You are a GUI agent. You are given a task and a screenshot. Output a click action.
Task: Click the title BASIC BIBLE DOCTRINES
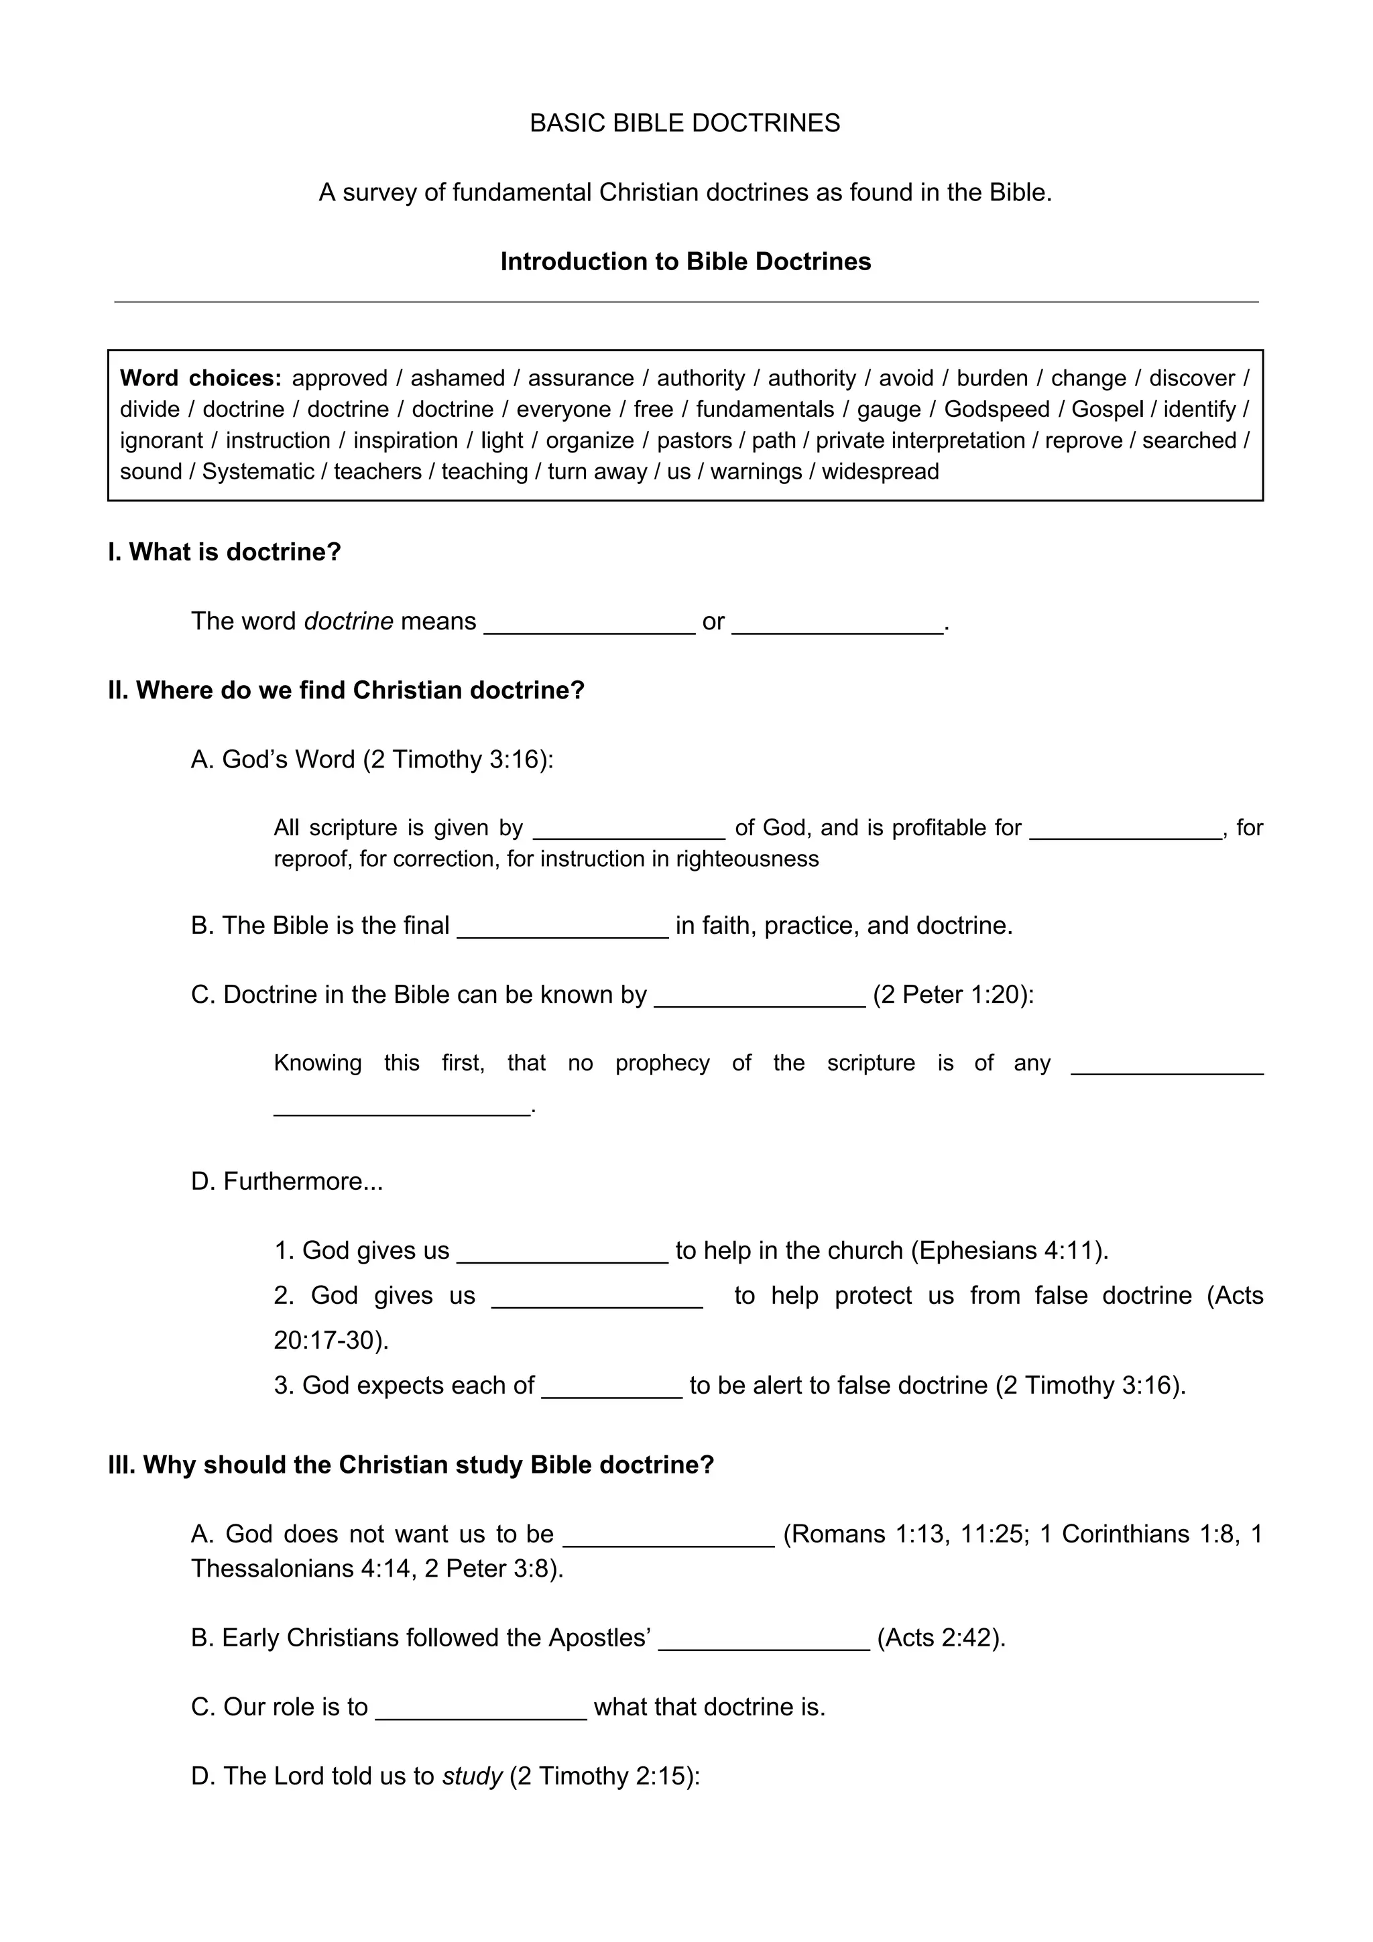tap(684, 123)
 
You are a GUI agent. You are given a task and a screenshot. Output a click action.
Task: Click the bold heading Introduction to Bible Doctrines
tap(685, 261)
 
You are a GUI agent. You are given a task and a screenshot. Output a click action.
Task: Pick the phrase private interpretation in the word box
tap(920, 440)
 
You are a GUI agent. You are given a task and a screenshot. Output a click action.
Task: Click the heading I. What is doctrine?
tap(224, 552)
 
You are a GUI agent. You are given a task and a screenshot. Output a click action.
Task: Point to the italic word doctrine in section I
tap(349, 621)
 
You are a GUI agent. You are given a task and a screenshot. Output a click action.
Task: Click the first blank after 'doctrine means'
tap(589, 624)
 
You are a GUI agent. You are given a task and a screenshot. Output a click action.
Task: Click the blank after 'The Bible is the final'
tap(562, 928)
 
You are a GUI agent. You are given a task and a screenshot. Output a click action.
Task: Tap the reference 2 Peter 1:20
tap(953, 995)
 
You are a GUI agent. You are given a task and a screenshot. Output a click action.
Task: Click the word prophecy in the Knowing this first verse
tap(662, 1063)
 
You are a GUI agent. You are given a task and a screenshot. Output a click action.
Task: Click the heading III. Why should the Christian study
tap(411, 1465)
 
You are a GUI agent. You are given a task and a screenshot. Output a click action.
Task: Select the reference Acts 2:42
tap(941, 1638)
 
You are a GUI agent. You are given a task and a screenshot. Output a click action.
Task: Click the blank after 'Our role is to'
tap(481, 1710)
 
